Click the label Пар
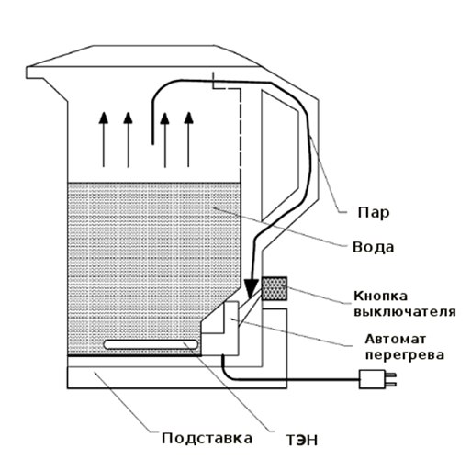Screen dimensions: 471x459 pos(374,212)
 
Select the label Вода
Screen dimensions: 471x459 pos(373,247)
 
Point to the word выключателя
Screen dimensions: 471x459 pos(405,312)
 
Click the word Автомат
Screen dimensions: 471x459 pos(395,339)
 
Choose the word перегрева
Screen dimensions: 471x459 pos(404,355)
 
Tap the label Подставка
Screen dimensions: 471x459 pos(207,438)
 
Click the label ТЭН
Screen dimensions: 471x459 pos(302,441)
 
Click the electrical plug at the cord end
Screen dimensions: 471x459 pos(377,379)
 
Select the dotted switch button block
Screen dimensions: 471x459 pos(275,288)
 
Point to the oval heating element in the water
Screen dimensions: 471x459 pos(151,344)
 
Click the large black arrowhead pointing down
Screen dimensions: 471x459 pos(252,288)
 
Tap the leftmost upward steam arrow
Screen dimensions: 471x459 pos(104,140)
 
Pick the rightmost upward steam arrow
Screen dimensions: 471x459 pos(188,140)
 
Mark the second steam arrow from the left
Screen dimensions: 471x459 pos(128,140)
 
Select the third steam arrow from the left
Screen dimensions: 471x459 pos(164,140)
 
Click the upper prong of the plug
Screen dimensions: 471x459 pos(391,375)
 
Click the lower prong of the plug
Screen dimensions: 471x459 pos(391,384)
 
